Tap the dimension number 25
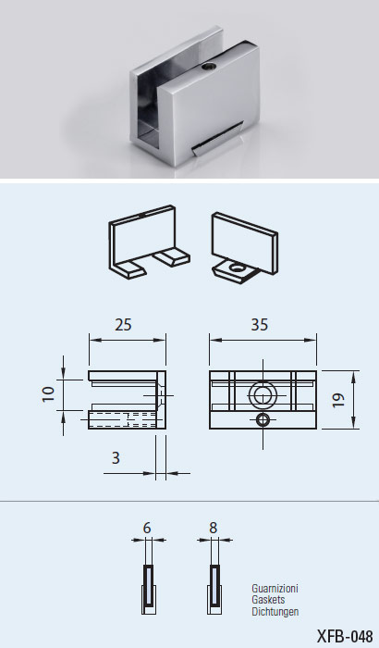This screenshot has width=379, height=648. click(x=123, y=325)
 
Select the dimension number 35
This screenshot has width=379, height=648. click(x=259, y=325)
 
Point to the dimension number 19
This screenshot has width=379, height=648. click(x=338, y=400)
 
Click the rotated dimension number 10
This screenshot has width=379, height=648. click(x=48, y=393)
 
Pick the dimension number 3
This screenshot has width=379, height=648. click(x=116, y=458)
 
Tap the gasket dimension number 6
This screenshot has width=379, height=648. click(x=147, y=529)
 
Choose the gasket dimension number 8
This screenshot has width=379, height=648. click(x=213, y=529)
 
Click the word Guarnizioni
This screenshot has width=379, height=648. click(x=275, y=589)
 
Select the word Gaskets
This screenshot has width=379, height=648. click(x=268, y=600)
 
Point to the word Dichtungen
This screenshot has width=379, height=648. click(x=275, y=611)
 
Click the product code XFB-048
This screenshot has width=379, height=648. click(x=345, y=636)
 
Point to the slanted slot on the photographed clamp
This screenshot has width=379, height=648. click(x=217, y=139)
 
